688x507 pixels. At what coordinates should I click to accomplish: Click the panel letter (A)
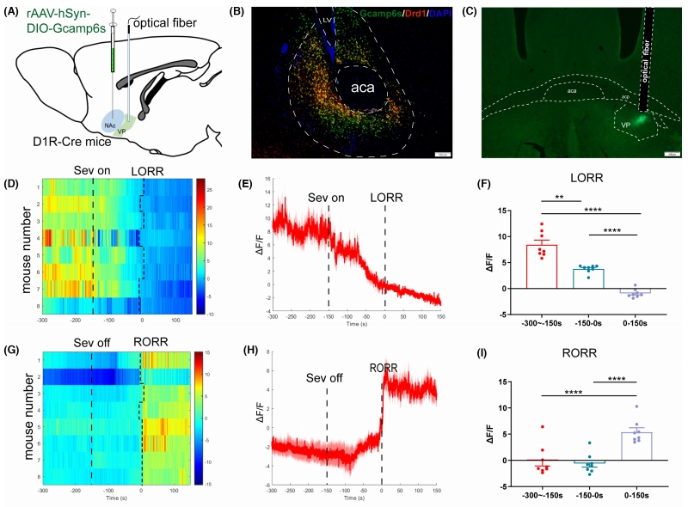15,12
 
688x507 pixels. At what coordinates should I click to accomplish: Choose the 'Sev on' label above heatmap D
91,171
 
